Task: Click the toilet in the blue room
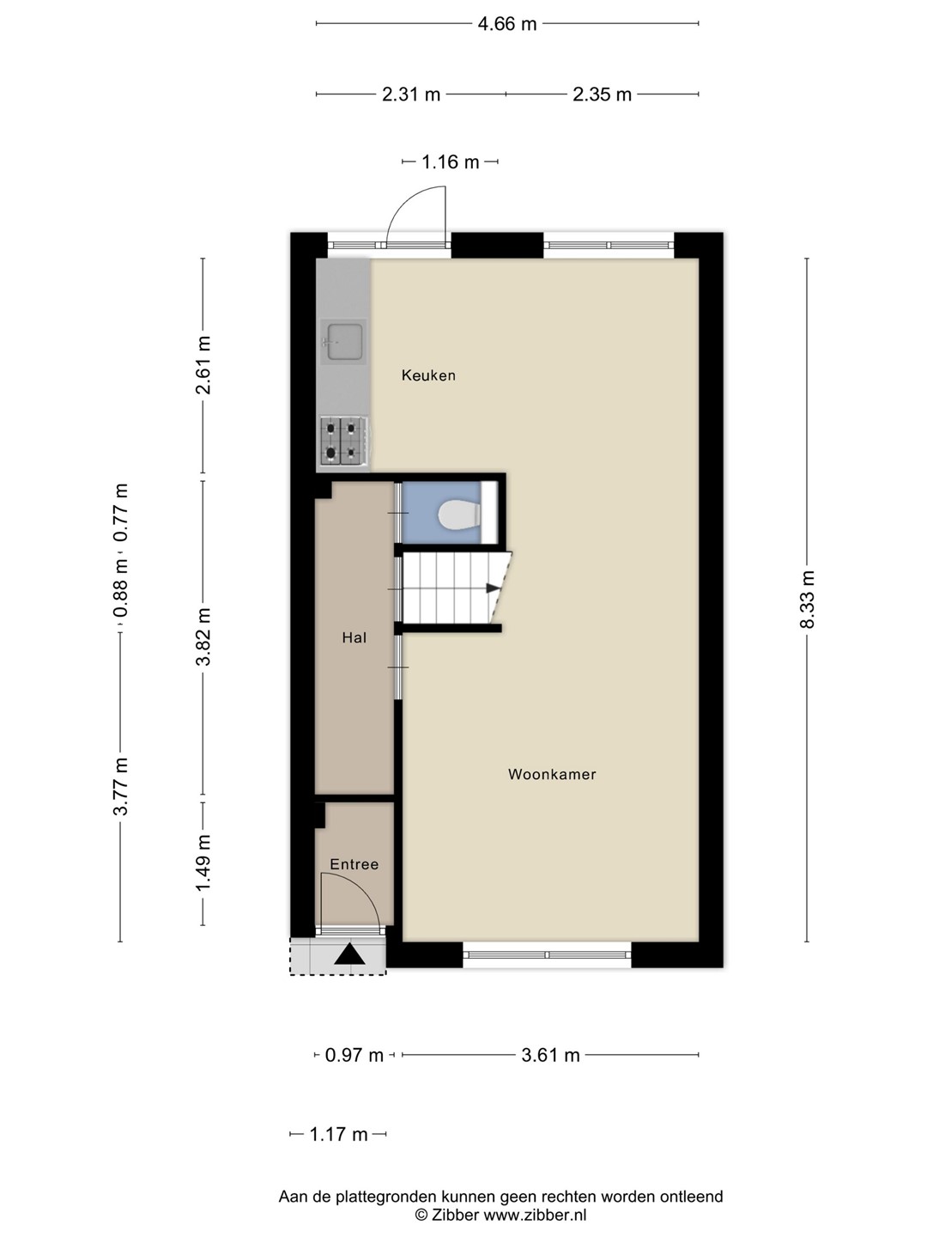458,515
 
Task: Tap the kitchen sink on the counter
343,342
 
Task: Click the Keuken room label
428,375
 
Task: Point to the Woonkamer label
552,774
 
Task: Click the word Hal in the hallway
354,637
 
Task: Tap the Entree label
354,864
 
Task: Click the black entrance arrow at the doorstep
349,953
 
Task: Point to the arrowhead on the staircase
493,588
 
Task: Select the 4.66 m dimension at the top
507,24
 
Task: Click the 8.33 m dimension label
807,599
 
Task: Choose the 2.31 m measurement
411,94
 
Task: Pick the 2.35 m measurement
603,94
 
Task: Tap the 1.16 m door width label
451,162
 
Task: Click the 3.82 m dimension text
203,637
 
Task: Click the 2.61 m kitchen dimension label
203,365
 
